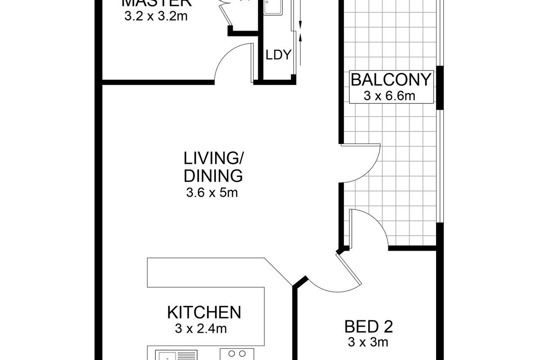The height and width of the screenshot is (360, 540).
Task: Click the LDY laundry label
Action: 279,55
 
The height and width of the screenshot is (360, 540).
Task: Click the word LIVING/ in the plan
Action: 213,158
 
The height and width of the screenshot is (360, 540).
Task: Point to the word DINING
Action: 213,175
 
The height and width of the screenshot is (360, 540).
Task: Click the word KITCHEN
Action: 204,312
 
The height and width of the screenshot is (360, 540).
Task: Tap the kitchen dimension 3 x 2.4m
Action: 201,329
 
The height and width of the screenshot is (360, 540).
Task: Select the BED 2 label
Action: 366,325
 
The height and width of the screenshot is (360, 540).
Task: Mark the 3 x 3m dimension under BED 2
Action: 368,342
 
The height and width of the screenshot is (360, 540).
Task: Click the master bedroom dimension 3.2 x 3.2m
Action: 155,17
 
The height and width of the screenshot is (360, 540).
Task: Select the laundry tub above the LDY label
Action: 273,7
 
